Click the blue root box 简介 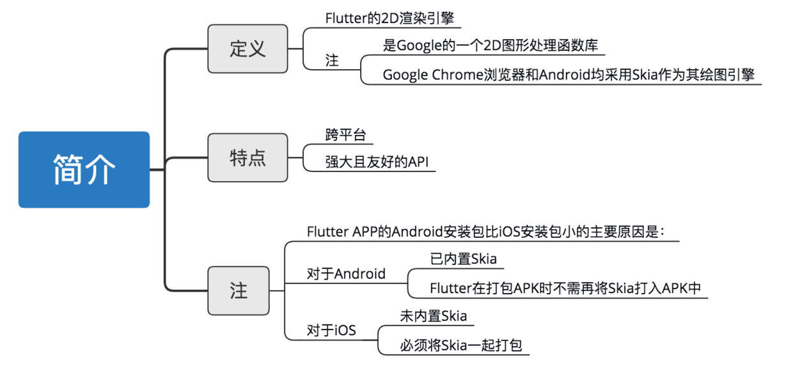[x=84, y=170]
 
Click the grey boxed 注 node [x=239, y=290]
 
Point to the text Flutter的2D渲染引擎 [x=384, y=18]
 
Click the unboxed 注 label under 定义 [x=333, y=61]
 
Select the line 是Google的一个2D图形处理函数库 [x=491, y=45]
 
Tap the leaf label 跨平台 [x=345, y=135]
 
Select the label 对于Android [x=346, y=274]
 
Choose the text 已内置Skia [x=464, y=259]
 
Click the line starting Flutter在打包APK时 [x=565, y=289]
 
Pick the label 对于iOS [x=331, y=331]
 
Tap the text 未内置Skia [x=433, y=316]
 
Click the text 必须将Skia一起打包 [x=461, y=346]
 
